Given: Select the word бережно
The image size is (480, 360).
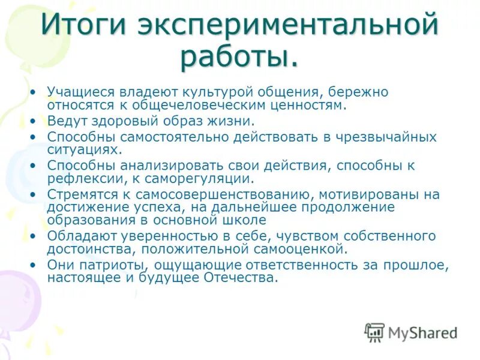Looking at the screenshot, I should pos(359,92).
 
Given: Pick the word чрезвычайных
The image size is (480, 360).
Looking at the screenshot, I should pos(385,136).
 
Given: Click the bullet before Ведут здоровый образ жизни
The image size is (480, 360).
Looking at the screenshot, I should pos(34,121).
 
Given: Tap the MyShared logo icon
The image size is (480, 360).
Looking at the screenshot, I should pos(375,332).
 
